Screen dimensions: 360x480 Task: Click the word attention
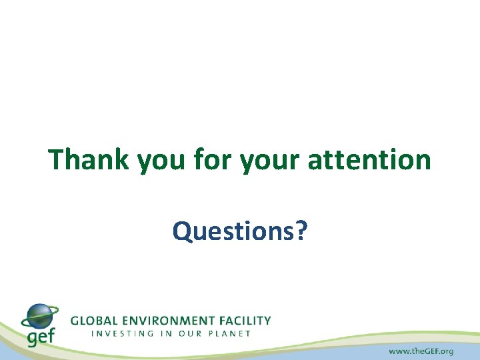369,160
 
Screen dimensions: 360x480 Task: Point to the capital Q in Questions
181,231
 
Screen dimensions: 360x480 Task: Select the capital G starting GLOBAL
75,321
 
